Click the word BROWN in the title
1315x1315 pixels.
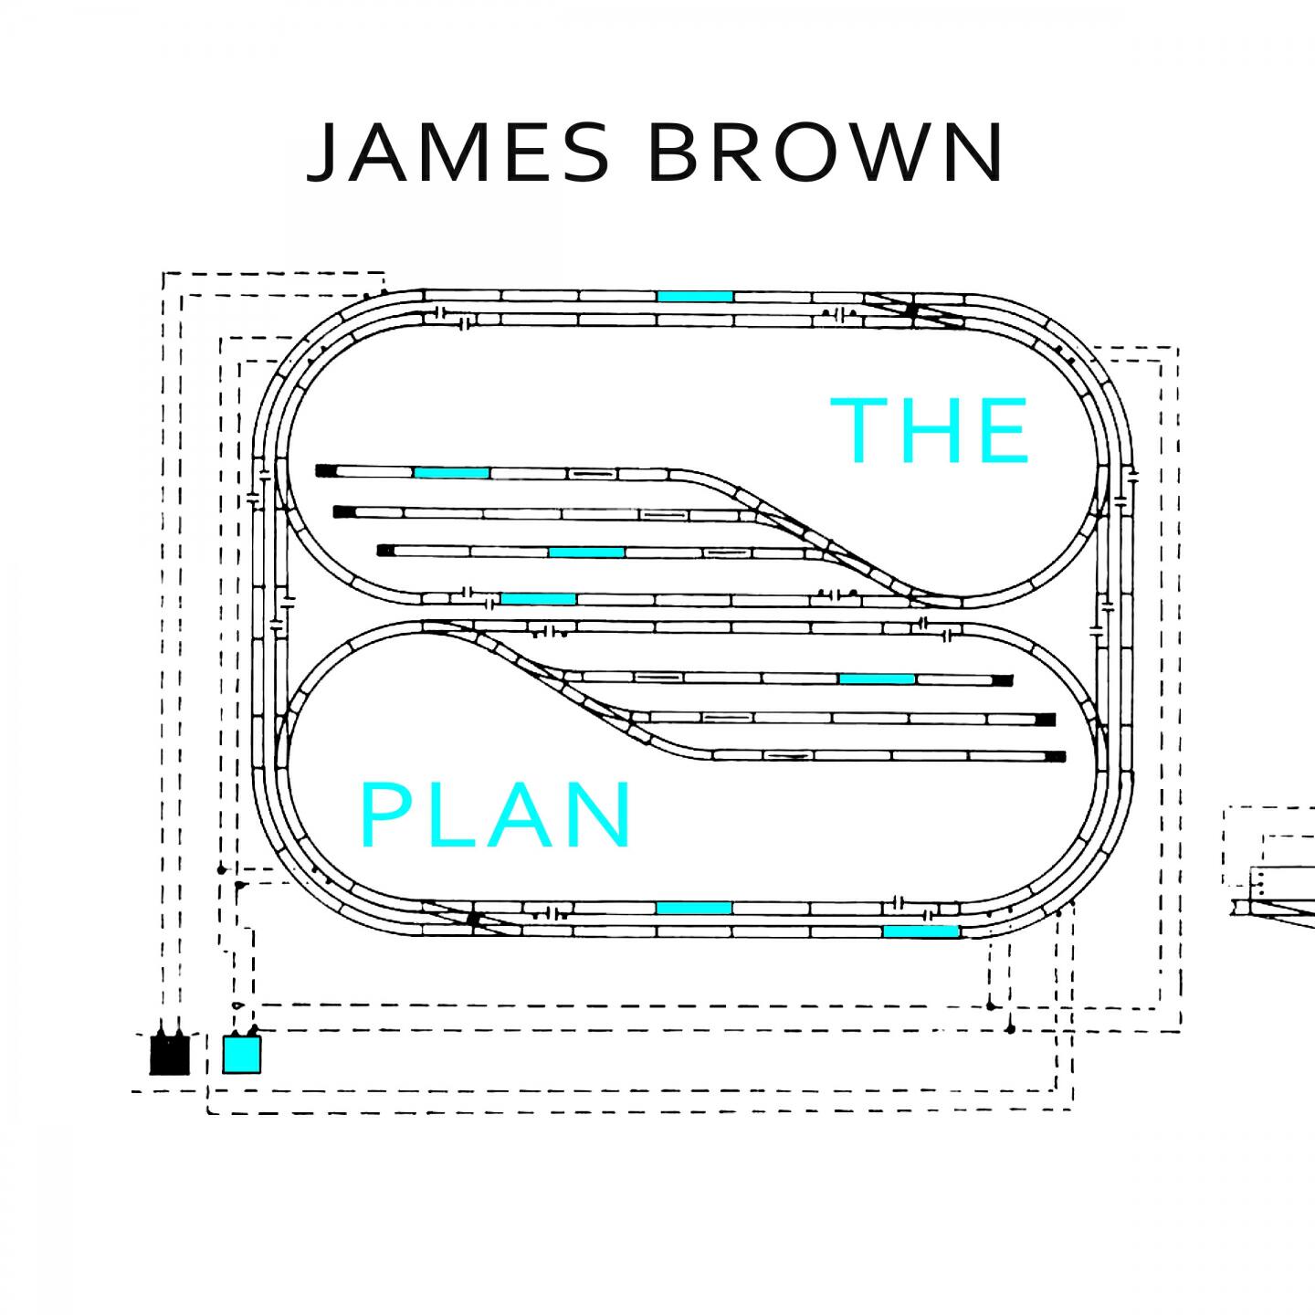tap(826, 153)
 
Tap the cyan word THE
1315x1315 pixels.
tap(931, 430)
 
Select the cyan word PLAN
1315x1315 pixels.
tap(498, 815)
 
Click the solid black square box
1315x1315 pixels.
tap(169, 1055)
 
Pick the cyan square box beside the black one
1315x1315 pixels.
tap(242, 1054)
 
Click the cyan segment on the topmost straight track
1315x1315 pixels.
tap(695, 296)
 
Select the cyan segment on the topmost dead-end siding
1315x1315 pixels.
tap(452, 472)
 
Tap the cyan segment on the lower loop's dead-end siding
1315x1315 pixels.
tap(877, 679)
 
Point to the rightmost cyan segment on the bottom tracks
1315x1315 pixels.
tap(920, 931)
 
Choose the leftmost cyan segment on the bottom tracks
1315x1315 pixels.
tap(694, 908)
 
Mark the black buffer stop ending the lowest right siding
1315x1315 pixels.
tap(1056, 756)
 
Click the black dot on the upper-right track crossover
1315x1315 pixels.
tap(910, 310)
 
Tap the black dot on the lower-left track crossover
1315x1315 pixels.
tap(473, 919)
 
